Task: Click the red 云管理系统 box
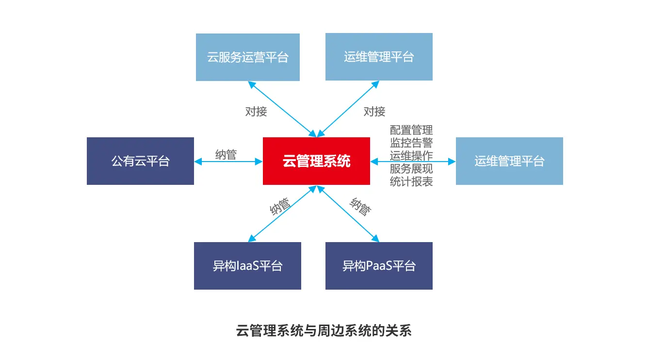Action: (x=316, y=161)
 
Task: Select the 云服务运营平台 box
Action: (x=247, y=57)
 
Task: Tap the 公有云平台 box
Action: (x=140, y=161)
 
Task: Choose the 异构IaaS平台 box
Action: (x=247, y=266)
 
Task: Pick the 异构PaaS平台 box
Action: (x=379, y=266)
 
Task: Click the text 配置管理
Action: (x=411, y=131)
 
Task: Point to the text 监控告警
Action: (x=411, y=143)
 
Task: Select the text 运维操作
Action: (x=411, y=156)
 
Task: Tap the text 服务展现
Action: (x=411, y=169)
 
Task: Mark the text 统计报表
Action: (x=411, y=181)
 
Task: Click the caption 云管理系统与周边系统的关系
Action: (x=324, y=331)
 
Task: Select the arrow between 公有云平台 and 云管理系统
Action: (x=228, y=162)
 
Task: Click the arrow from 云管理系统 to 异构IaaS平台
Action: (x=283, y=213)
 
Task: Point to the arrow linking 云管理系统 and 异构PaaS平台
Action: (x=348, y=213)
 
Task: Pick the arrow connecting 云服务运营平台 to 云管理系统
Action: (x=283, y=109)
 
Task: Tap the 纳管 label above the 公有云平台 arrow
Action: (x=226, y=155)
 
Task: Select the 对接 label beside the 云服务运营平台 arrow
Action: (x=256, y=112)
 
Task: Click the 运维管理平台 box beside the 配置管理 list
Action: (x=509, y=161)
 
